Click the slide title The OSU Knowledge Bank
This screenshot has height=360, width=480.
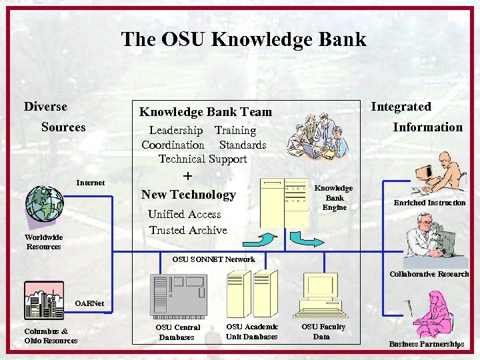243,39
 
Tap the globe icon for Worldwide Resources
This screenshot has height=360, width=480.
44,203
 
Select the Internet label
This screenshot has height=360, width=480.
90,182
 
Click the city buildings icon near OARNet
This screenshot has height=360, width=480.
43,300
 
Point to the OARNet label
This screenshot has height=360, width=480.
89,303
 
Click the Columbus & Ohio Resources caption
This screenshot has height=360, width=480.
51,335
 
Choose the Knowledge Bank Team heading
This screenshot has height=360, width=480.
205,112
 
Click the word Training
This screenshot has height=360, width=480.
235,131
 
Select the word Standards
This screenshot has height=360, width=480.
242,145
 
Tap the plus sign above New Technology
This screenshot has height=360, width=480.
187,176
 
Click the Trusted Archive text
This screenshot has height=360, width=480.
188,230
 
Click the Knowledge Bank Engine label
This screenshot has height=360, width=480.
334,198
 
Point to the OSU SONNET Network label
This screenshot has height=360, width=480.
213,259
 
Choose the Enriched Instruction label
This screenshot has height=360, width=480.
429,203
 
